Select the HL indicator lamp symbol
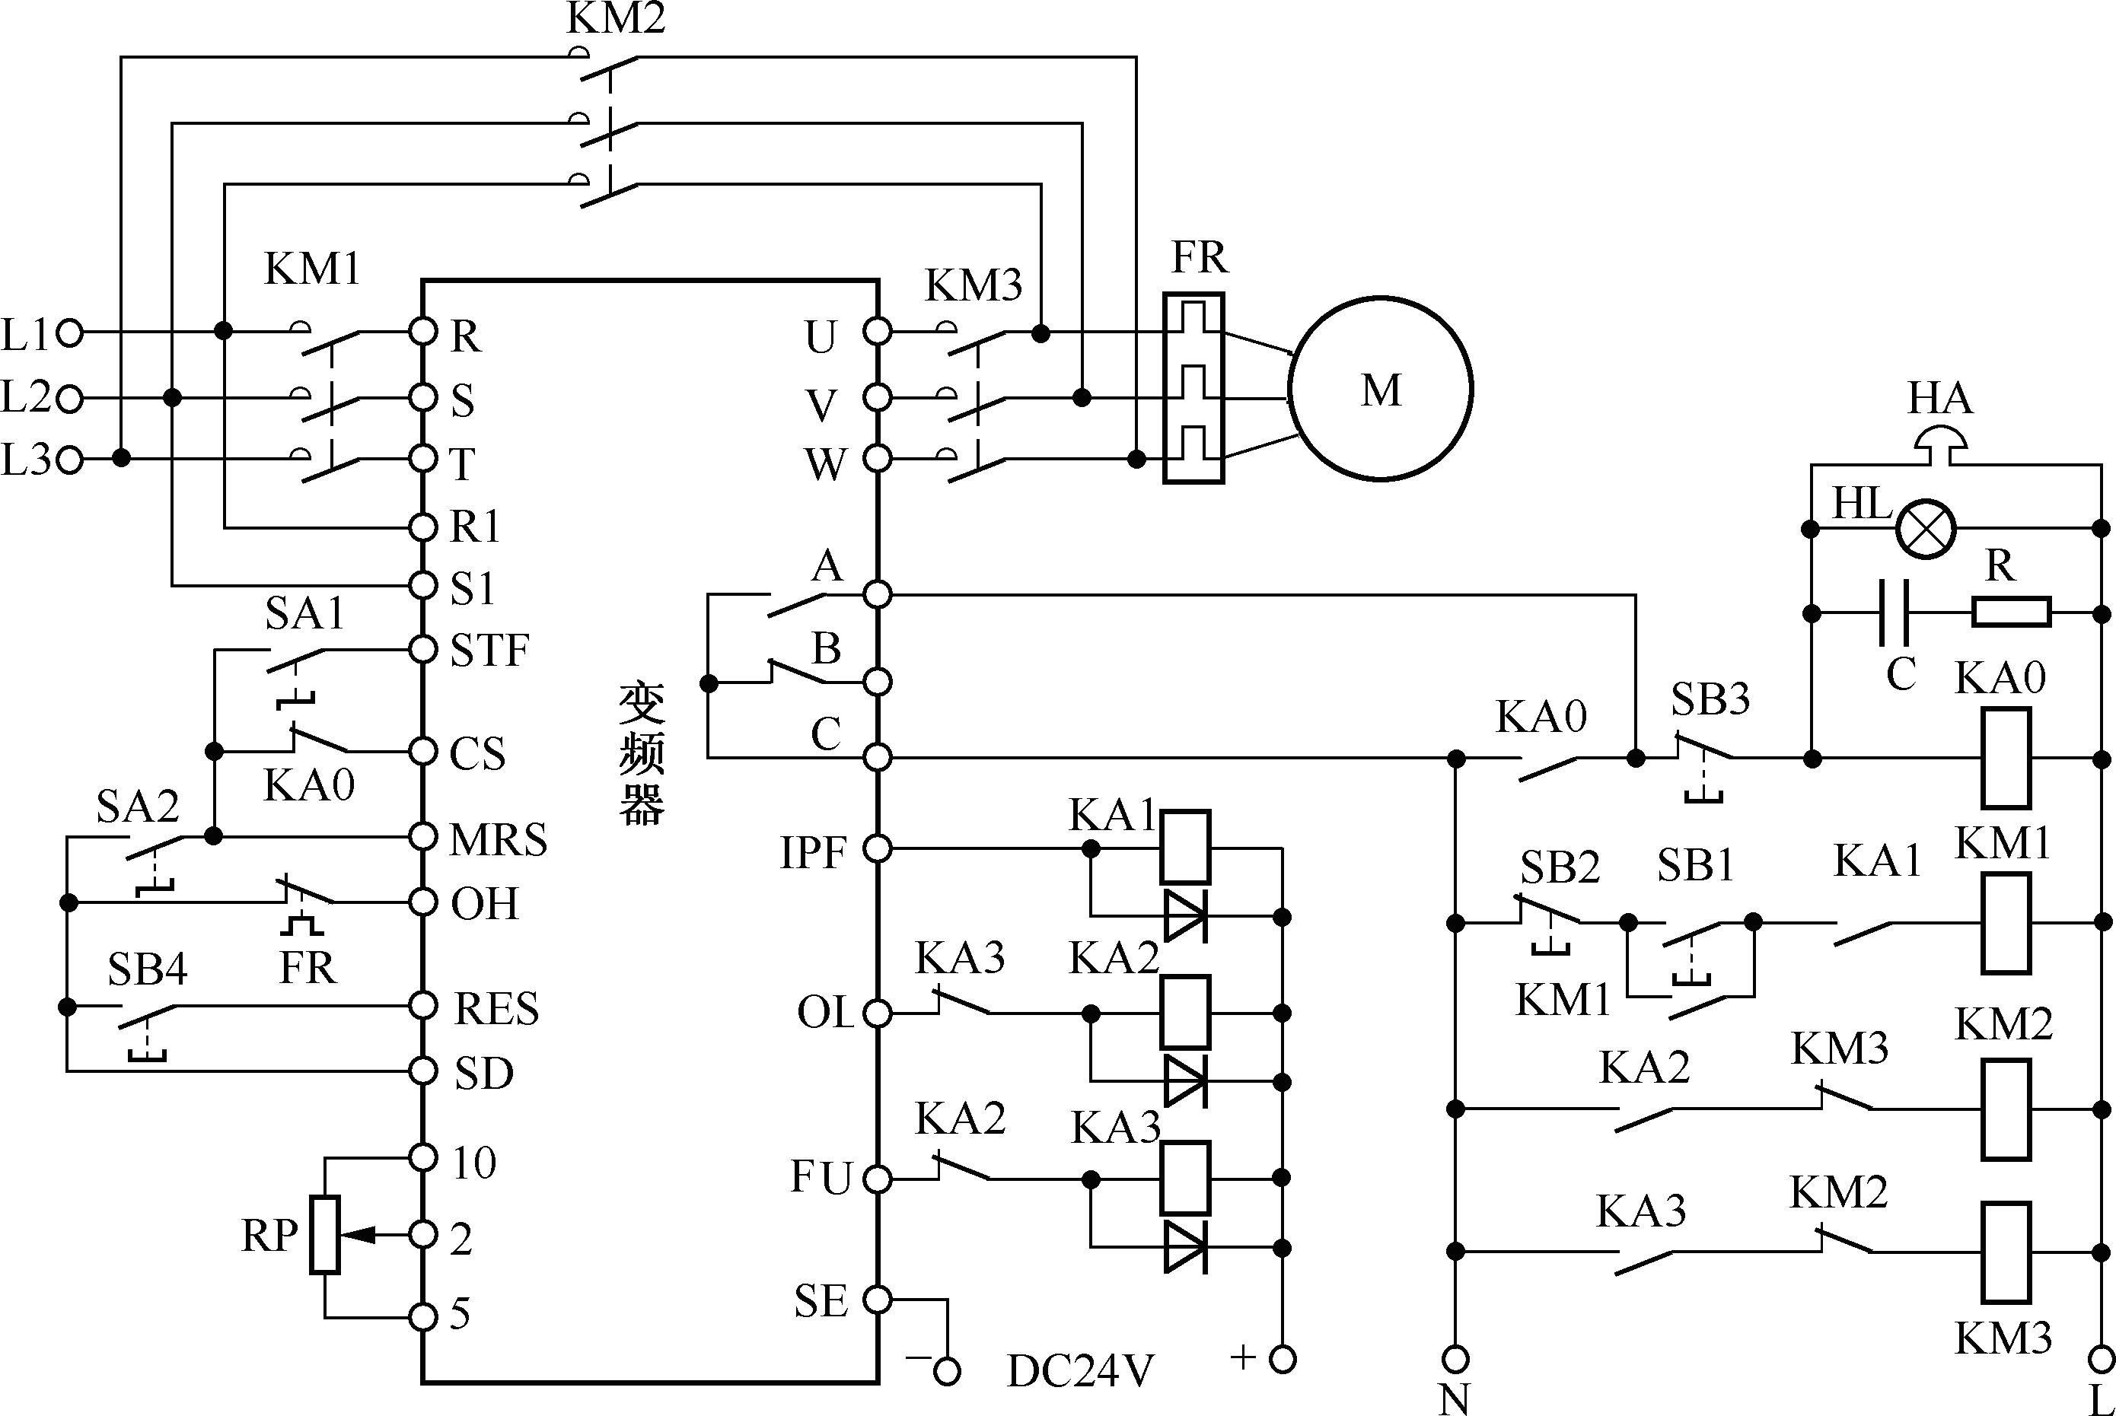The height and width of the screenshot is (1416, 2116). tap(1924, 528)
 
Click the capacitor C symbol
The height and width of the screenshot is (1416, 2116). tap(1895, 613)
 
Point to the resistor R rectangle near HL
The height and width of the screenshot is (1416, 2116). tap(2011, 613)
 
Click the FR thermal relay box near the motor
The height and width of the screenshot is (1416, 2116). tap(1193, 388)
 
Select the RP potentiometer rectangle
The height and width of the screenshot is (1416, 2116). tap(325, 1234)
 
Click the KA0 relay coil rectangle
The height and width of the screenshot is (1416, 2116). tap(2006, 758)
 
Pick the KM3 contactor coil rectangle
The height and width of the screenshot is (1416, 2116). tap(2006, 1251)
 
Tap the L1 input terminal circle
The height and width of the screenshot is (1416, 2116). tap(69, 334)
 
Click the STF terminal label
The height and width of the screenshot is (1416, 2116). tap(489, 651)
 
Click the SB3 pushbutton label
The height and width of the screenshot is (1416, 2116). tap(1710, 698)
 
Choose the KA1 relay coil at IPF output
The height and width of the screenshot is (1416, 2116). tap(1184, 847)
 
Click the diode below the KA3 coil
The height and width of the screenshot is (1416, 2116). tap(1184, 1247)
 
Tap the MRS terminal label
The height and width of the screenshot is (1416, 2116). tap(499, 840)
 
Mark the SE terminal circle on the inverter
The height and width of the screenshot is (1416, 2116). tap(876, 1300)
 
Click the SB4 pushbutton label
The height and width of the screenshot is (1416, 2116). tap(147, 969)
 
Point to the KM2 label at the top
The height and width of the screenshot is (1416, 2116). tap(616, 18)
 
